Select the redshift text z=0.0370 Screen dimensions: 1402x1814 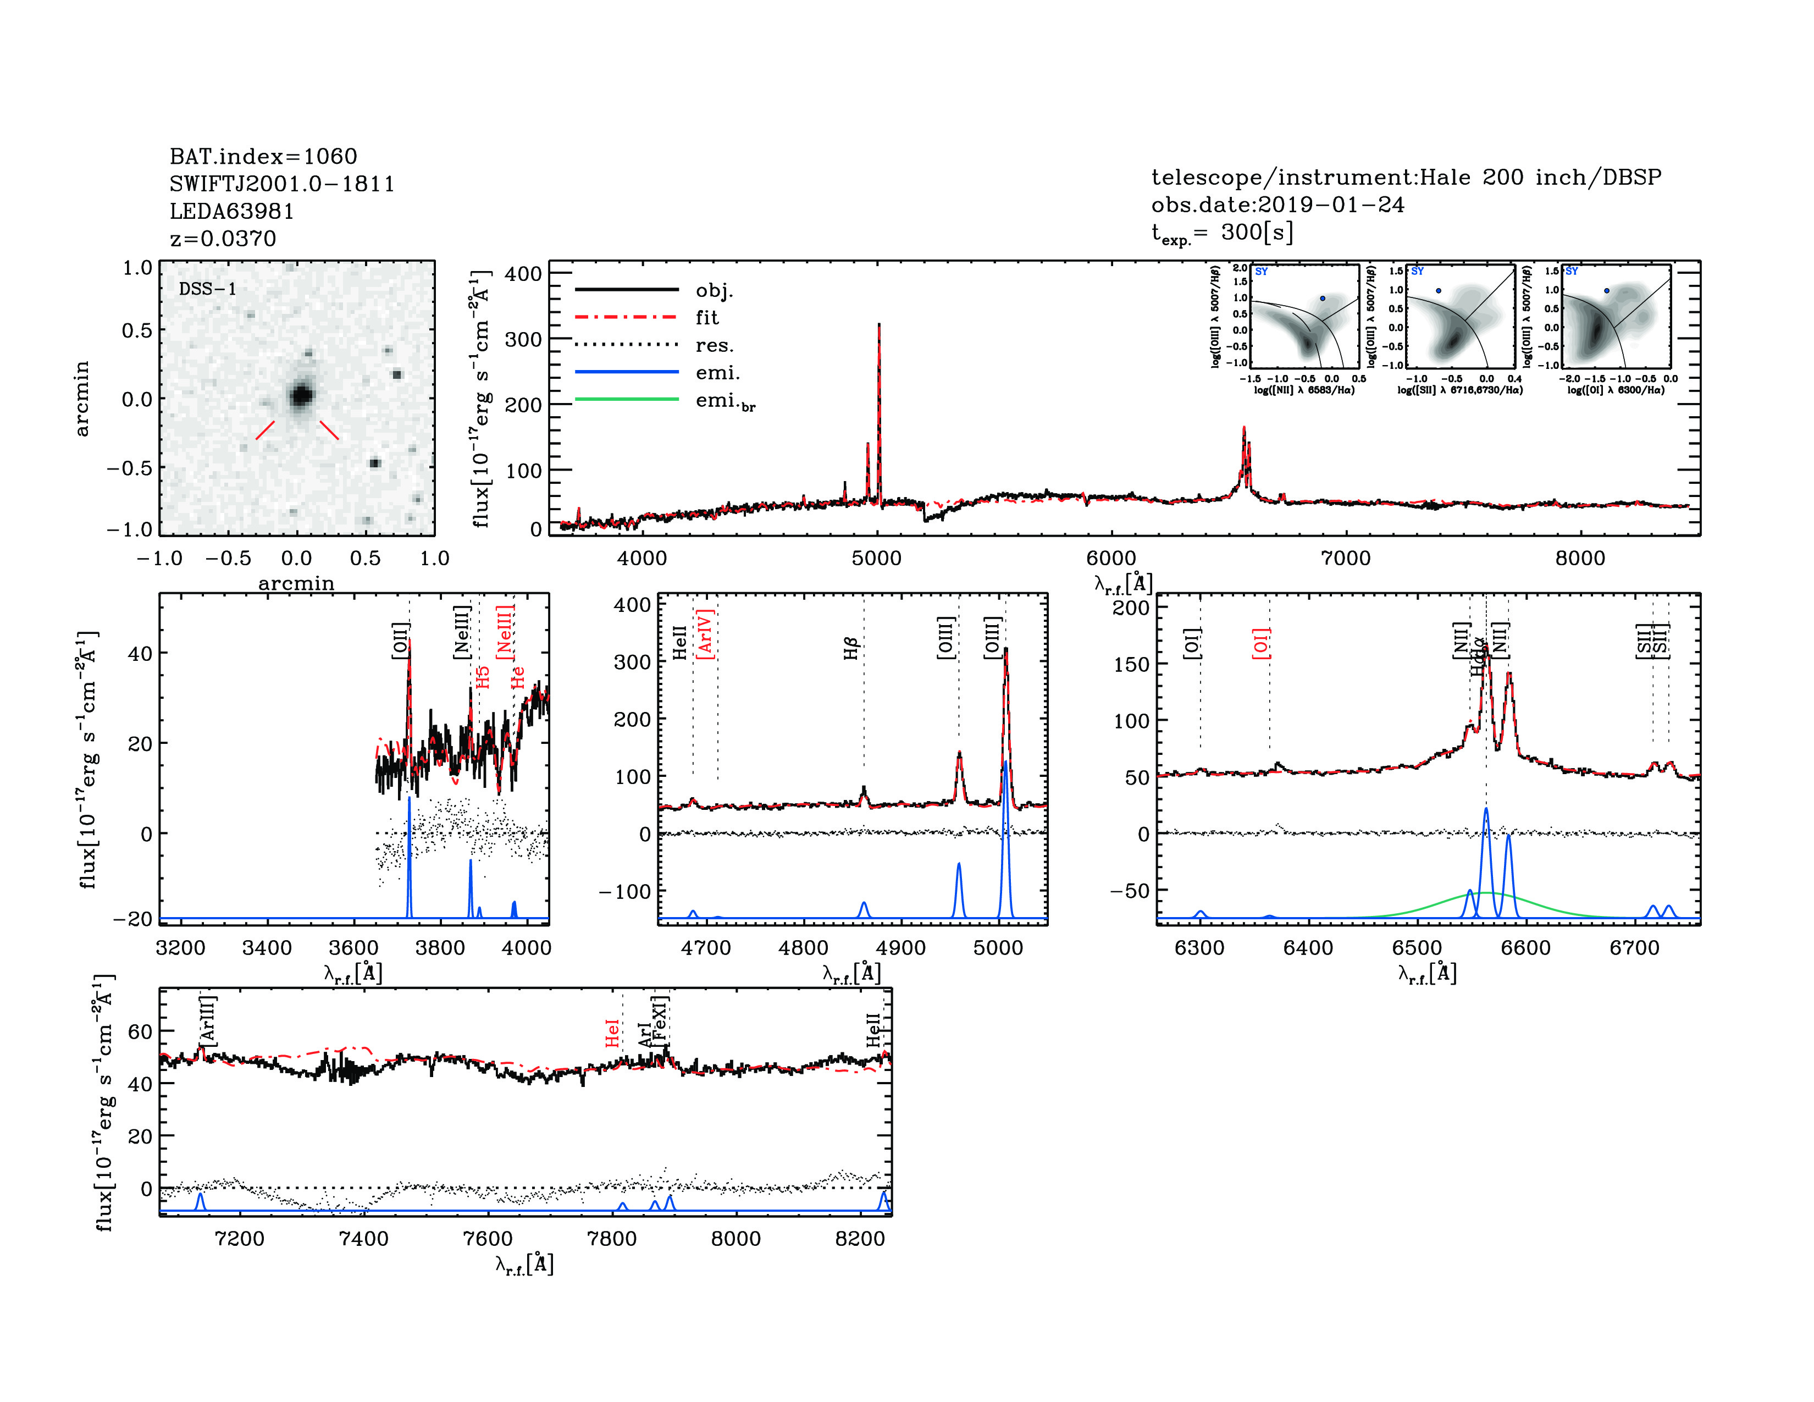pos(223,239)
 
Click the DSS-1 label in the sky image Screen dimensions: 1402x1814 pos(208,289)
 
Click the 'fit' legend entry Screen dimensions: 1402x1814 pos(707,317)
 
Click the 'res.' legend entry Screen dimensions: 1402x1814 pos(714,345)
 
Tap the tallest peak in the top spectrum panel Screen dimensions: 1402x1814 pos(879,325)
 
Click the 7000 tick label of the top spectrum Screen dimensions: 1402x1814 pos(1346,558)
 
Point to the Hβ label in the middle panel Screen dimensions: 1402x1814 pos(850,649)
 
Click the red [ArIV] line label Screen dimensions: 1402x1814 pos(705,634)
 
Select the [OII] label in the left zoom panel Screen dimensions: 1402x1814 pos(400,641)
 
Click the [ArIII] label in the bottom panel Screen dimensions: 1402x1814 pos(208,1019)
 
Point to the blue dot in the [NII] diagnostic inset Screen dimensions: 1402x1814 pos(1322,298)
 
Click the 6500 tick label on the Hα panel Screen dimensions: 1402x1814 pos(1417,948)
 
